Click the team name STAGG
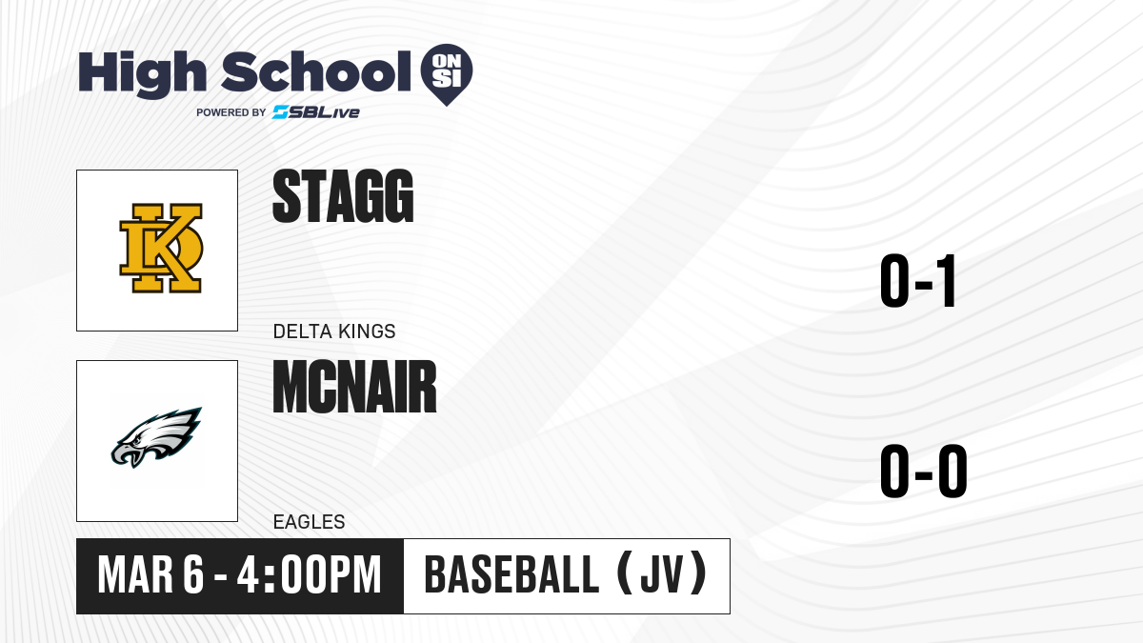[343, 196]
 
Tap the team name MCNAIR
[354, 387]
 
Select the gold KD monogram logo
[161, 248]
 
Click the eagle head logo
[156, 437]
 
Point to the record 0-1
[917, 281]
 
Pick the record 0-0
[924, 471]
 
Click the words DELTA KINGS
[334, 332]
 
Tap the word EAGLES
[310, 522]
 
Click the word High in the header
[142, 74]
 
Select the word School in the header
[316, 71]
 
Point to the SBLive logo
[316, 112]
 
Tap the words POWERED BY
[231, 112]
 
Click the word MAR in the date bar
[135, 575]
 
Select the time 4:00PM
[310, 575]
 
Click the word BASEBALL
[511, 575]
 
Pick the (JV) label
[662, 574]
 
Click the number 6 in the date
[193, 575]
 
